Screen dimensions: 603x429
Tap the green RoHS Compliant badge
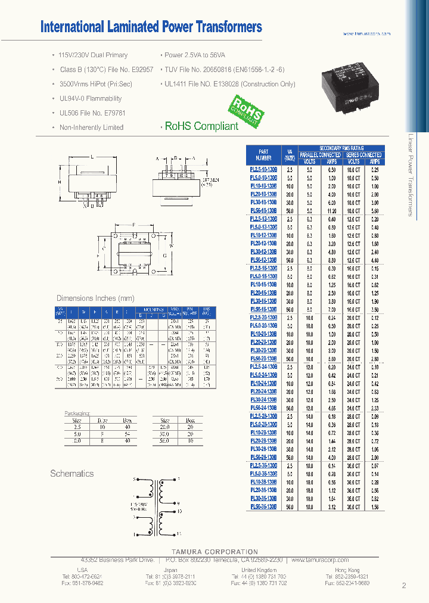pyautogui.click(x=245, y=110)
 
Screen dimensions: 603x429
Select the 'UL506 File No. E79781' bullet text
pyautogui.click(x=91, y=113)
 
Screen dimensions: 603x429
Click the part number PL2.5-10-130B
pyautogui.click(x=263, y=170)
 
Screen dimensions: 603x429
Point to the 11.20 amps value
pyautogui.click(x=332, y=211)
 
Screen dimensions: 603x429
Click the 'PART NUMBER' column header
pyautogui.click(x=264, y=155)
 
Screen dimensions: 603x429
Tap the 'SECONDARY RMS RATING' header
pyautogui.click(x=341, y=148)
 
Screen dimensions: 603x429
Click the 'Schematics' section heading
pyautogui.click(x=72, y=474)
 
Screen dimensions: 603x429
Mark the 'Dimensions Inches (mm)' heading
pyautogui.click(x=95, y=298)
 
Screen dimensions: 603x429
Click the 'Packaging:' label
pyautogui.click(x=77, y=412)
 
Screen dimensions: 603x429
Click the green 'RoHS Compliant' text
pyautogui.click(x=201, y=126)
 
